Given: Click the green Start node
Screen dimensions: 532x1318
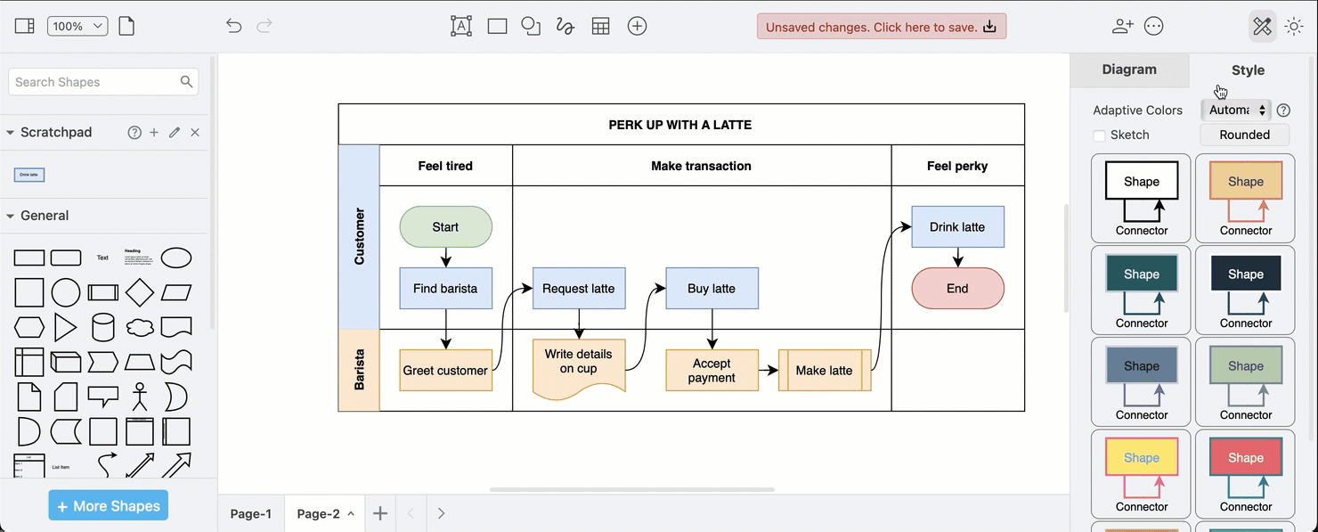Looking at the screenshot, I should pos(445,227).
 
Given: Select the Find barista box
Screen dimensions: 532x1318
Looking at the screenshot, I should pos(445,289).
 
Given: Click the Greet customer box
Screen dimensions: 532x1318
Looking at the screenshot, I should pos(445,371).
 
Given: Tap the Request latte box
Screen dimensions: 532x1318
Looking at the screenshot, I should pos(579,289).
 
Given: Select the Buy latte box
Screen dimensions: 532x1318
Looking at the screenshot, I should pos(712,289).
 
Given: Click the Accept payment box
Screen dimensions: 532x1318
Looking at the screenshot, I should pos(712,371).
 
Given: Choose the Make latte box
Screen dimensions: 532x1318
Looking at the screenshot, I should pos(824,371).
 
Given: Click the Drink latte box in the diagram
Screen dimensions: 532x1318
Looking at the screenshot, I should pos(957,227).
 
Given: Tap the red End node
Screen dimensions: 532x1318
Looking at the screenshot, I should pos(957,289).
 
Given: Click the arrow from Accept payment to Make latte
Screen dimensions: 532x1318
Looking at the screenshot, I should pos(768,370).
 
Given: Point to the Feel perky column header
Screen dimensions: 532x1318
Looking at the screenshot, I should pos(957,166).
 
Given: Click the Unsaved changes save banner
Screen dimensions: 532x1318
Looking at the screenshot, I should pos(881,27).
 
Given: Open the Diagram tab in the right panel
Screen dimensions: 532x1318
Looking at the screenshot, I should pos(1129,70).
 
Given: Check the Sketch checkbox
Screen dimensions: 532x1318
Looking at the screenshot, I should pos(1099,135).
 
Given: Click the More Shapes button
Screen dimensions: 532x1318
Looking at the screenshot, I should pos(109,506).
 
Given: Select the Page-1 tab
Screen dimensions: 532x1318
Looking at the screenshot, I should pos(251,513).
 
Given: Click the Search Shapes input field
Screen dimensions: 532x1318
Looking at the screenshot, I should pos(94,82).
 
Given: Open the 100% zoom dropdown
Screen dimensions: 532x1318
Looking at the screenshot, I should pos(77,27).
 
